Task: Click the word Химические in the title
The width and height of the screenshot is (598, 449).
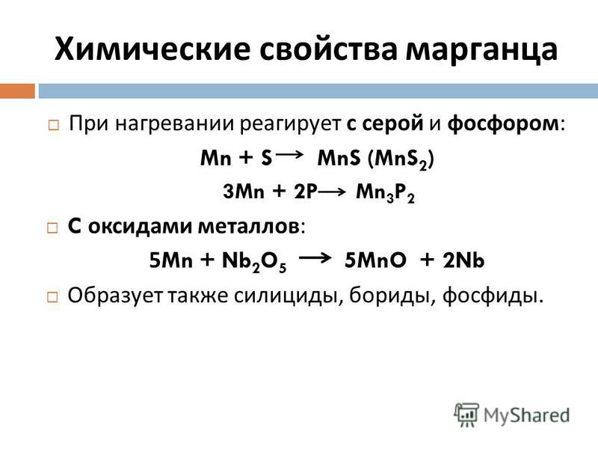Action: (152, 49)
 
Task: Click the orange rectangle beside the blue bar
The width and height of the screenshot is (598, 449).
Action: (17, 91)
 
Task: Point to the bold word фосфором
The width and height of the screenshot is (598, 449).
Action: (503, 123)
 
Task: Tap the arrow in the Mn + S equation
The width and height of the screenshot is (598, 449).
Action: (289, 154)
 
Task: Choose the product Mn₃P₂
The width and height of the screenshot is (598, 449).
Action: (385, 192)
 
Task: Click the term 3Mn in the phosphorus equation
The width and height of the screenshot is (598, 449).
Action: (244, 191)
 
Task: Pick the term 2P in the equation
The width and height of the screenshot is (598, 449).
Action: (306, 191)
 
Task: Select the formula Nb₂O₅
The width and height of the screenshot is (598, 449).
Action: (254, 261)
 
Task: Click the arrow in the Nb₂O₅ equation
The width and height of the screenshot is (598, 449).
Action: (315, 258)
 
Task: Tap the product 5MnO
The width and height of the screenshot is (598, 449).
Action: (375, 260)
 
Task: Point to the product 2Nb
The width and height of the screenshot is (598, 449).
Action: (463, 260)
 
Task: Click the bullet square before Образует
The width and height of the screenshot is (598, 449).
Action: (52, 297)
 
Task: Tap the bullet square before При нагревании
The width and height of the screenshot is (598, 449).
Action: (53, 125)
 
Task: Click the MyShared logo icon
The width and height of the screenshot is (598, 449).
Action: (466, 415)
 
